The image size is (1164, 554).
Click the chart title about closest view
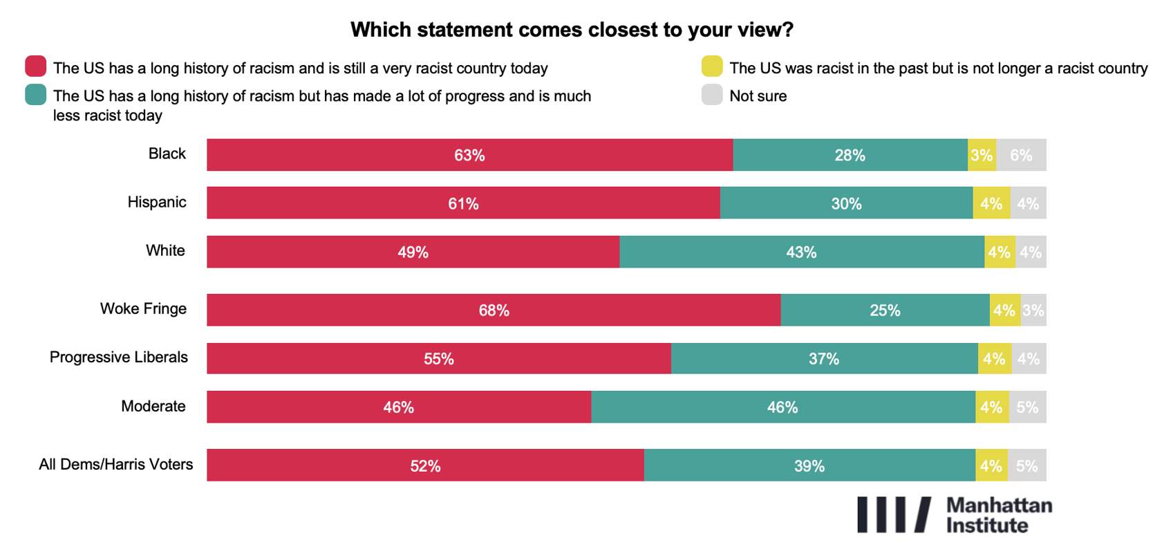(572, 30)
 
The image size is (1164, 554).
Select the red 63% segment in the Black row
(469, 155)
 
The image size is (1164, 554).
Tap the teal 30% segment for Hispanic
(846, 203)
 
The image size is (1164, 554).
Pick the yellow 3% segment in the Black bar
(982, 155)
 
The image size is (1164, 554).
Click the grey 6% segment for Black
(1021, 155)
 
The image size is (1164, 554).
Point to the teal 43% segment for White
(801, 252)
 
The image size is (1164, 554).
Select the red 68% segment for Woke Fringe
(494, 310)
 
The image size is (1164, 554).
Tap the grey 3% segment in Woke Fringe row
(1033, 310)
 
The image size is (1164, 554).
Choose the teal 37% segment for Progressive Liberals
(824, 358)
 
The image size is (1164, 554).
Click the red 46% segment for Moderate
(399, 407)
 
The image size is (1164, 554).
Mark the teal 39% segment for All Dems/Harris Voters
(809, 465)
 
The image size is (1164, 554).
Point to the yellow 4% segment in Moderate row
(992, 407)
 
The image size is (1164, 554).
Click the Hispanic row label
(157, 202)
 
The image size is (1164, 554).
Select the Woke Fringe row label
(143, 308)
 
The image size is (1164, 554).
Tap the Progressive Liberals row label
(119, 357)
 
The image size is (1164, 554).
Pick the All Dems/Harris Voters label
(116, 464)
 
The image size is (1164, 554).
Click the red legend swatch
(36, 66)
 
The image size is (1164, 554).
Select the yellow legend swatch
(712, 66)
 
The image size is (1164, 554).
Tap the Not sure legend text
(758, 96)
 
